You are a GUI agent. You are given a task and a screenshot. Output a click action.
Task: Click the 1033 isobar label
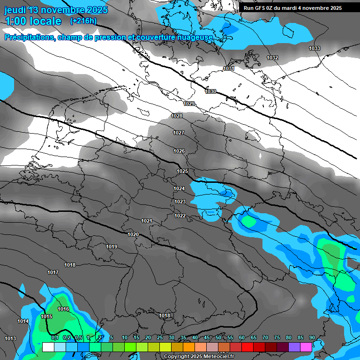point(315,49)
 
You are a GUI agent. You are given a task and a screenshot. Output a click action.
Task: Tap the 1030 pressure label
point(211,91)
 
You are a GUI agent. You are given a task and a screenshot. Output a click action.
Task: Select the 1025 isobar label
point(182,172)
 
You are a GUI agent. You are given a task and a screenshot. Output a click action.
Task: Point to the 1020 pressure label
point(133,234)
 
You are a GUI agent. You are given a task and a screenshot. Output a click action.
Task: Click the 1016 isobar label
point(63,309)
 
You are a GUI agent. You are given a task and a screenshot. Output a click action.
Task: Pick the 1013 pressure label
point(10,338)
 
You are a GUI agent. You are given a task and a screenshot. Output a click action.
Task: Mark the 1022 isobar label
point(180,216)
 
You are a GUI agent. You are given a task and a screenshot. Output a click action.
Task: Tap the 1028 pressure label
point(177,116)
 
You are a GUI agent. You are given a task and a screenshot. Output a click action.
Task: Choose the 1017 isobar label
point(53,272)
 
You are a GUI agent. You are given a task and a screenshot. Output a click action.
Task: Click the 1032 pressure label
point(272,58)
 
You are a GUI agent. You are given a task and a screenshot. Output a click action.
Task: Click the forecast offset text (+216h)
point(83,21)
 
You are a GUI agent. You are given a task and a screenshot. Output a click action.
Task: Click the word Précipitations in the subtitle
point(29,37)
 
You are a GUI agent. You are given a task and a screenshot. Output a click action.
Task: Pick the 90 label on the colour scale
point(312,337)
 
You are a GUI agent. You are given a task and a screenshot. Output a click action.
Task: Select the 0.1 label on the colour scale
point(54,337)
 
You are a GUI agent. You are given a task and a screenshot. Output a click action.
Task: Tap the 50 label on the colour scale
point(218,337)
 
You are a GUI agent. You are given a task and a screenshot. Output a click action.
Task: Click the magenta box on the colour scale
point(306,347)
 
